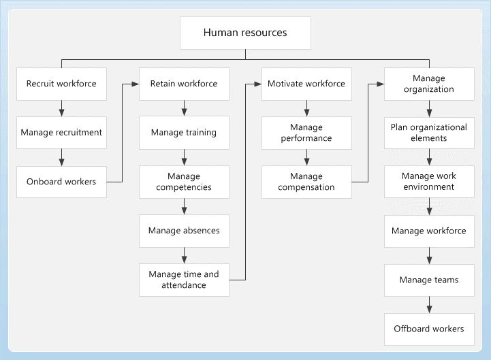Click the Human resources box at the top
point(245,33)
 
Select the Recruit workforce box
point(61,84)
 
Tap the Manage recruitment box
point(61,133)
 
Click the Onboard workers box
point(61,182)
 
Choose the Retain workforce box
point(184,84)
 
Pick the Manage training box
point(184,133)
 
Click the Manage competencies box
point(184,182)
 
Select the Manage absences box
point(184,231)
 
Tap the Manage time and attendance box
point(184,280)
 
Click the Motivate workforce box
point(306,84)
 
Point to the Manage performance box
point(306,133)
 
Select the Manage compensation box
point(306,182)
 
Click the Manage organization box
point(429,84)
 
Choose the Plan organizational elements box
point(429,133)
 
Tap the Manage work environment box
point(429,182)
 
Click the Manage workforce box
point(429,231)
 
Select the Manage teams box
point(429,280)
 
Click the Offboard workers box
point(429,329)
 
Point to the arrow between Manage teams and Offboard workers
point(429,304)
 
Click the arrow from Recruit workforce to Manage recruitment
point(61,108)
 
